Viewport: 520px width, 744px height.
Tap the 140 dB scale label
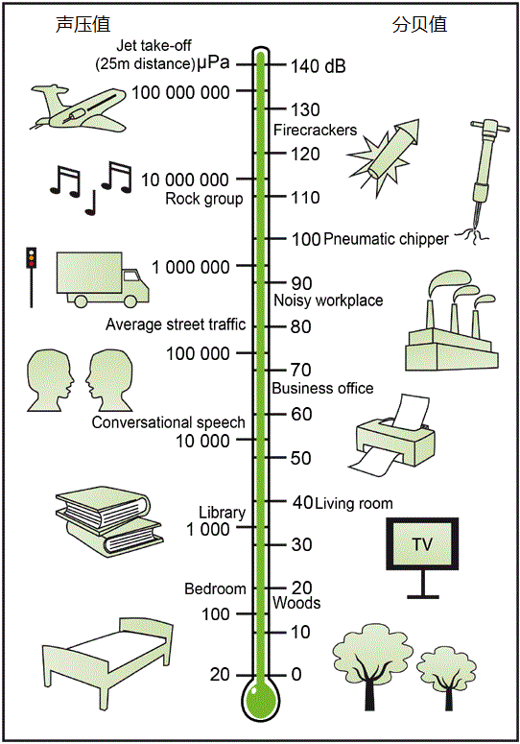coord(319,66)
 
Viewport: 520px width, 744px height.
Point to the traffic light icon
coord(32,277)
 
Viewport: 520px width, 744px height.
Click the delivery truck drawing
coord(103,279)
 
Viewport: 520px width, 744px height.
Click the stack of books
coord(110,521)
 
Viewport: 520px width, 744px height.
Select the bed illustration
coord(107,662)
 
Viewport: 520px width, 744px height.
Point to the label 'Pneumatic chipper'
coord(386,239)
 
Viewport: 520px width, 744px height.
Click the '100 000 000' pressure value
coord(180,92)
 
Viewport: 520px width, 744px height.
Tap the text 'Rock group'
coord(203,199)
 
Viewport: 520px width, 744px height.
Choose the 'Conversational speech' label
coord(168,422)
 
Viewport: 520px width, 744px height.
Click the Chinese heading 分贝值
coord(419,25)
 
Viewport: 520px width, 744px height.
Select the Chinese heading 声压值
coord(83,25)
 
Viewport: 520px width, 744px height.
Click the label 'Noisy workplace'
coord(328,300)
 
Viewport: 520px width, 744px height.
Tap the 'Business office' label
coord(322,388)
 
